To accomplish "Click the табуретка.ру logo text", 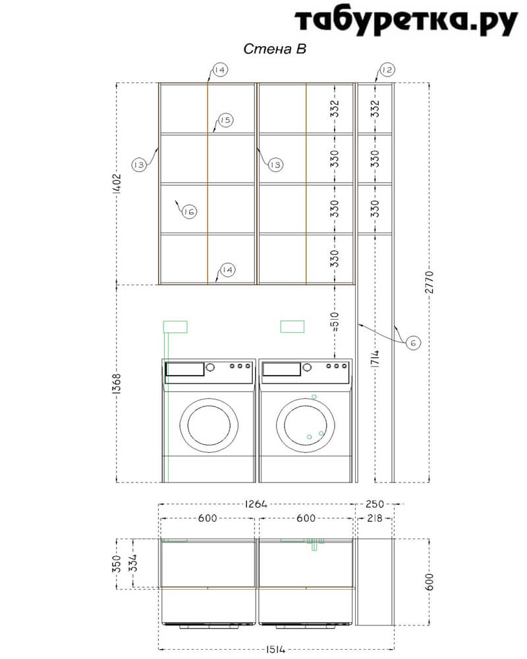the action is pyautogui.click(x=406, y=20).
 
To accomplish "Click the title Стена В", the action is pyautogui.click(x=275, y=49).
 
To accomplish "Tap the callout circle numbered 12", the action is pyautogui.click(x=387, y=69).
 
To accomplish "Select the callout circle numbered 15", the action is pyautogui.click(x=226, y=120).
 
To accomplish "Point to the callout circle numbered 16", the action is pyautogui.click(x=189, y=212).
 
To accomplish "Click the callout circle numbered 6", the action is pyautogui.click(x=413, y=343).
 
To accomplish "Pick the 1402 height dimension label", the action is pyautogui.click(x=117, y=184).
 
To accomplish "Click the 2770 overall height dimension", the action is pyautogui.click(x=429, y=282).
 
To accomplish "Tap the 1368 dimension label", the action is pyautogui.click(x=117, y=384).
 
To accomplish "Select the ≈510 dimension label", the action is pyautogui.click(x=335, y=322).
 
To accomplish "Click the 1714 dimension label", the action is pyautogui.click(x=375, y=358).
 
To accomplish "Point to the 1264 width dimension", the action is pyautogui.click(x=256, y=503).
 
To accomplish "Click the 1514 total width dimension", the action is pyautogui.click(x=276, y=650).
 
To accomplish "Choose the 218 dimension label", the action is pyautogui.click(x=374, y=518).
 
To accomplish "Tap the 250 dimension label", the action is pyautogui.click(x=374, y=503).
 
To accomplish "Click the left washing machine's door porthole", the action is pyautogui.click(x=209, y=425).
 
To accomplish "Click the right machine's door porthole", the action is pyautogui.click(x=306, y=425).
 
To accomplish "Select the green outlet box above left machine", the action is pyautogui.click(x=175, y=327).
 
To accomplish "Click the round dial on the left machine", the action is pyautogui.click(x=210, y=367).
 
